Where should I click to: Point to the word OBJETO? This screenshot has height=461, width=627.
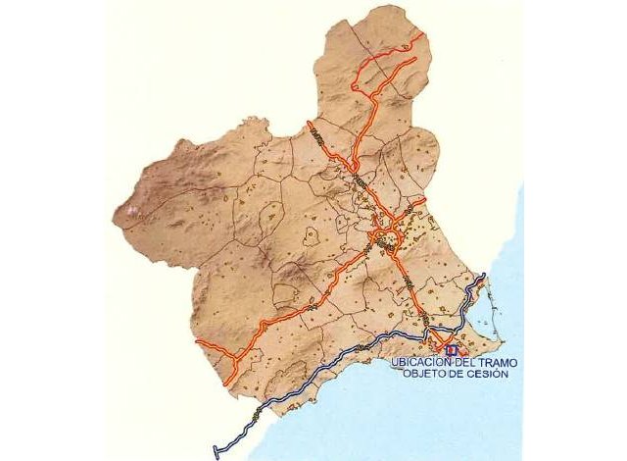[x=425, y=375]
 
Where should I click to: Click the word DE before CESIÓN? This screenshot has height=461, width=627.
[x=461, y=375]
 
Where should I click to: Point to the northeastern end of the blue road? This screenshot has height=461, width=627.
[x=484, y=278]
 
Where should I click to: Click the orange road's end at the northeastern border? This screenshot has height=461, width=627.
[x=424, y=35]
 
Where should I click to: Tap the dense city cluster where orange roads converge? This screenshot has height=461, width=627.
[x=384, y=238]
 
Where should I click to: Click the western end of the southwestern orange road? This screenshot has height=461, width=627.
[x=199, y=342]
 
